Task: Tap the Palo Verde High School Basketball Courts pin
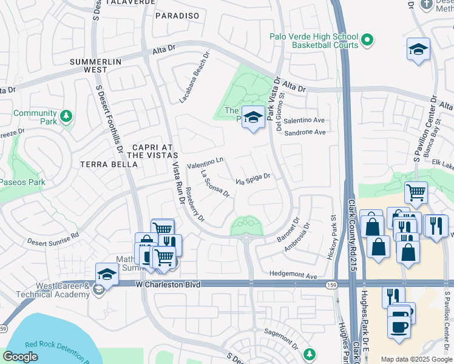coord(367,41)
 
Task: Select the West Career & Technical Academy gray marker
coord(98,290)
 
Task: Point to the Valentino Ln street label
coord(205,163)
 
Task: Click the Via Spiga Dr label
coord(252,180)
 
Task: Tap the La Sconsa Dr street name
coord(214,184)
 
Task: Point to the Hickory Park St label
coord(333,237)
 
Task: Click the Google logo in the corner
coord(21,357)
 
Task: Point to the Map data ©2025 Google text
coord(416,359)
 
